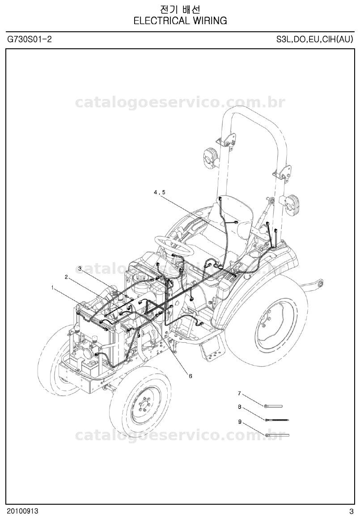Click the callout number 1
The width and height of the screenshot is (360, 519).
click(52, 288)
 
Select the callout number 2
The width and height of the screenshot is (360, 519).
click(66, 277)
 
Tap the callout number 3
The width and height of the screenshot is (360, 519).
click(80, 268)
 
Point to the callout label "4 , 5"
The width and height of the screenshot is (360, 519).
click(159, 192)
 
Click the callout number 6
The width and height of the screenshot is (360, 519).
click(190, 376)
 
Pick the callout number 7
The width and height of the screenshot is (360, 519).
click(239, 394)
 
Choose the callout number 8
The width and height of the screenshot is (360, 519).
click(239, 407)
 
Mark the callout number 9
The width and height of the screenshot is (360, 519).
click(239, 421)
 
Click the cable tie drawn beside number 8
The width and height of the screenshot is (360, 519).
click(277, 420)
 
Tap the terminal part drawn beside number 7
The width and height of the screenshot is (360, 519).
click(273, 406)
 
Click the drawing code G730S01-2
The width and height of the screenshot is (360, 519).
click(30, 39)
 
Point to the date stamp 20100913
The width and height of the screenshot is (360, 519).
click(22, 511)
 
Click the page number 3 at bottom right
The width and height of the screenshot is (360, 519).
click(351, 511)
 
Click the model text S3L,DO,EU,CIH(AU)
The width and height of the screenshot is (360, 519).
click(315, 39)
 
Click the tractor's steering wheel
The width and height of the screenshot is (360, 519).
click(174, 245)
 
